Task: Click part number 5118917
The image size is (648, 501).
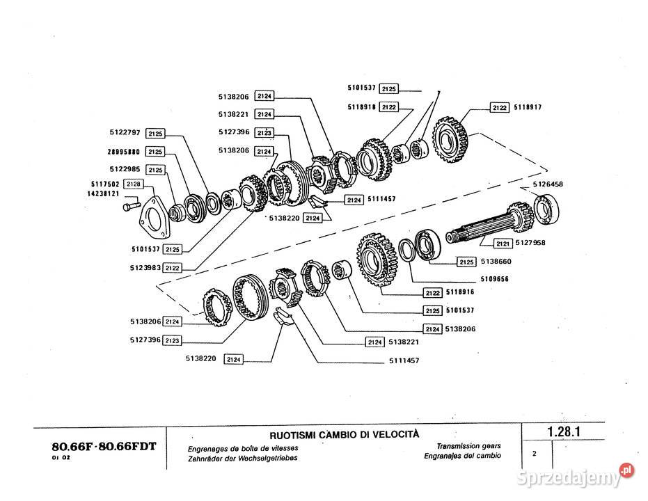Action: pos(528,108)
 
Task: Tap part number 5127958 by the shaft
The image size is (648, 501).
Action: pos(532,243)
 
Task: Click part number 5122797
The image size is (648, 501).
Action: pos(125,132)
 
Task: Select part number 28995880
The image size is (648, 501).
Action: pos(125,151)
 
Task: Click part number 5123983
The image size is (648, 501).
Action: pos(145,267)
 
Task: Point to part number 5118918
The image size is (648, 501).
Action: pos(362,107)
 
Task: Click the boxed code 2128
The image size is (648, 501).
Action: pos(134,184)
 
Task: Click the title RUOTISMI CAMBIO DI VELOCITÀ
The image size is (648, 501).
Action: pos(344,435)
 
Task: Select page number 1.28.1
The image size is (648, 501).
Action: pos(564,431)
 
